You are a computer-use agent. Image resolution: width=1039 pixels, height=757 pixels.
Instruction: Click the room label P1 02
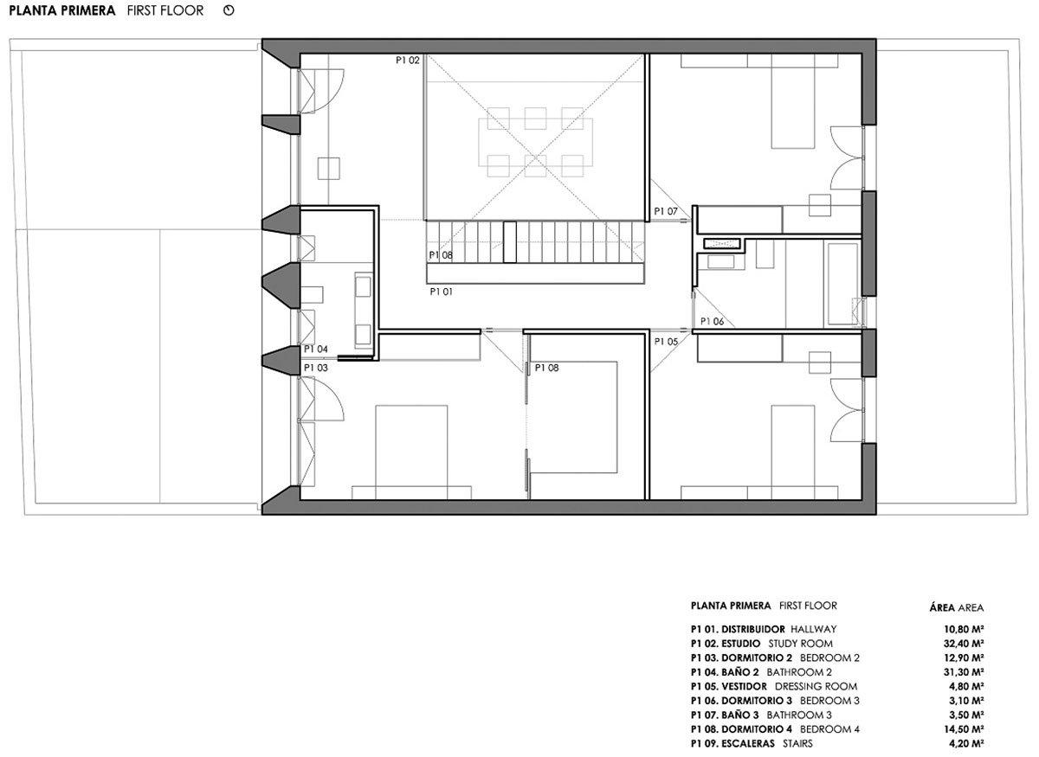click(407, 61)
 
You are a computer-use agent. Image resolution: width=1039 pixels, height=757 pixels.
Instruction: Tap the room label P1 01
click(441, 292)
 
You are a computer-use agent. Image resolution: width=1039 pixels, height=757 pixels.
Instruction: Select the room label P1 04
click(316, 349)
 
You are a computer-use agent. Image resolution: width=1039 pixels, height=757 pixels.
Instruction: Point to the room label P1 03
click(316, 368)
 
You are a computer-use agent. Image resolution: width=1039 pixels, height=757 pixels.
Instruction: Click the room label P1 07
click(666, 211)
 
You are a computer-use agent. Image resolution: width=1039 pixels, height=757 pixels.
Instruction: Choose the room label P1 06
click(712, 321)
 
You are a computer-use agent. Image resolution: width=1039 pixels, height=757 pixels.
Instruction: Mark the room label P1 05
click(666, 342)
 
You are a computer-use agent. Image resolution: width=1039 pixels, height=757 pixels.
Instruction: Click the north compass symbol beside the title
click(229, 10)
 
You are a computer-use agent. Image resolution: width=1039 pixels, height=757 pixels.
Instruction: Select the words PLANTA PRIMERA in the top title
click(62, 10)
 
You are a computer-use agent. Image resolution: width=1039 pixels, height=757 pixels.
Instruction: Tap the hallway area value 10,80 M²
click(964, 629)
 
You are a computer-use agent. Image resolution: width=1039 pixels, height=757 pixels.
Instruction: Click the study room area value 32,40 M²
click(964, 644)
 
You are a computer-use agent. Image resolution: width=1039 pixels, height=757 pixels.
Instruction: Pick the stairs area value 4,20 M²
click(966, 743)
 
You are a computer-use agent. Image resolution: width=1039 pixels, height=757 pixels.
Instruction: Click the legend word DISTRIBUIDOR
click(753, 629)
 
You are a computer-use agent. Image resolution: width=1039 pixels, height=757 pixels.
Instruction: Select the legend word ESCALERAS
click(748, 743)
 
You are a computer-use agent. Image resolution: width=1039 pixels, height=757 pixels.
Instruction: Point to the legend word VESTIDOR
click(745, 686)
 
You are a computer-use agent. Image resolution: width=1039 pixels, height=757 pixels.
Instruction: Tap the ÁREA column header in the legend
click(942, 607)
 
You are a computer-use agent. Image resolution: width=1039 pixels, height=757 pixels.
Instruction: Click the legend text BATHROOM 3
click(799, 715)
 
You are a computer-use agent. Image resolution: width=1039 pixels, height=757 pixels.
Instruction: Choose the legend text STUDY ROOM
click(801, 644)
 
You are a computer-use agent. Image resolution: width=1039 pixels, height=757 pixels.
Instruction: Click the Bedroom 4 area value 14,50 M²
click(964, 728)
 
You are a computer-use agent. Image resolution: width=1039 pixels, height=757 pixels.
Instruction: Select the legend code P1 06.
click(705, 701)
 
